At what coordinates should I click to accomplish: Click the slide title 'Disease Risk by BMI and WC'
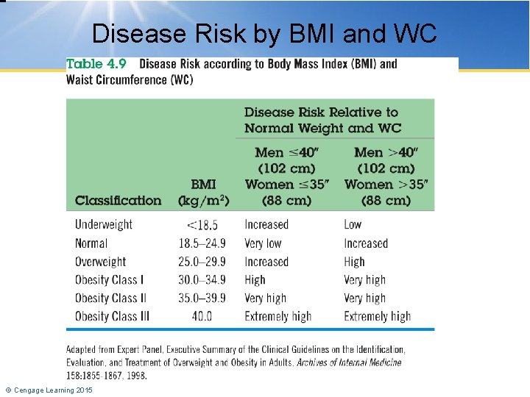click(x=264, y=33)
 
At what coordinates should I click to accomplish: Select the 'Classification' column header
click(x=118, y=200)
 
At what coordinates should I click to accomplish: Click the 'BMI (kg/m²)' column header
click(x=204, y=193)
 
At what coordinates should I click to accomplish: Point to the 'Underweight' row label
click(x=104, y=224)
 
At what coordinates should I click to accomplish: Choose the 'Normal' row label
click(x=91, y=243)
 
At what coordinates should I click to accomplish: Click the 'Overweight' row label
click(x=101, y=262)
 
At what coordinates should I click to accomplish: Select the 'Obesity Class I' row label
click(x=109, y=280)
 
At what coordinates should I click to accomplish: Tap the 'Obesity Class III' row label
click(x=113, y=317)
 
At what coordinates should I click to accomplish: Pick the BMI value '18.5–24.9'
click(x=202, y=243)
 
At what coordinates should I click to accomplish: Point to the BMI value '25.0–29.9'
click(x=202, y=262)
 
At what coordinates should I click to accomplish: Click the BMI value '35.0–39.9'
click(x=202, y=298)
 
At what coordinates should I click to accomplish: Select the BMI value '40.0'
click(x=202, y=317)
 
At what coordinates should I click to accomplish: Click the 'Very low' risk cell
click(x=263, y=243)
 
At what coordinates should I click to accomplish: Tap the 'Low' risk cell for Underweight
click(x=353, y=224)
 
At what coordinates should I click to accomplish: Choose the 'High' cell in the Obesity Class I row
click(x=255, y=280)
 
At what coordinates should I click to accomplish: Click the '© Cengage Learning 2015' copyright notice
click(x=49, y=390)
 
